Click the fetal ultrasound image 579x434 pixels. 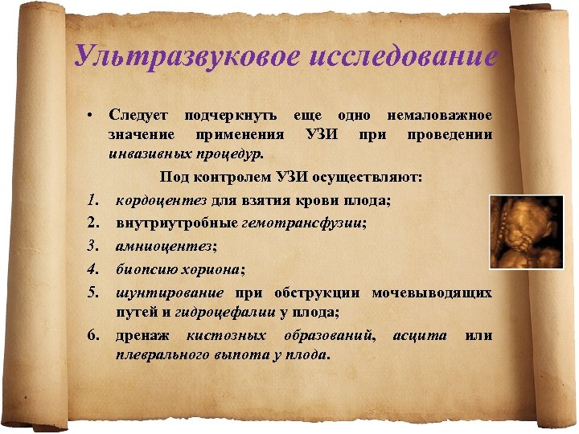[528, 231]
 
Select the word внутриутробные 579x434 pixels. [177, 222]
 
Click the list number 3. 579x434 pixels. [93, 245]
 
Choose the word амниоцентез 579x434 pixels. [166, 245]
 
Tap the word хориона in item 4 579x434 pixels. [216, 268]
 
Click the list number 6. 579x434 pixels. [93, 334]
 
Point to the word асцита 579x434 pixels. [420, 334]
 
